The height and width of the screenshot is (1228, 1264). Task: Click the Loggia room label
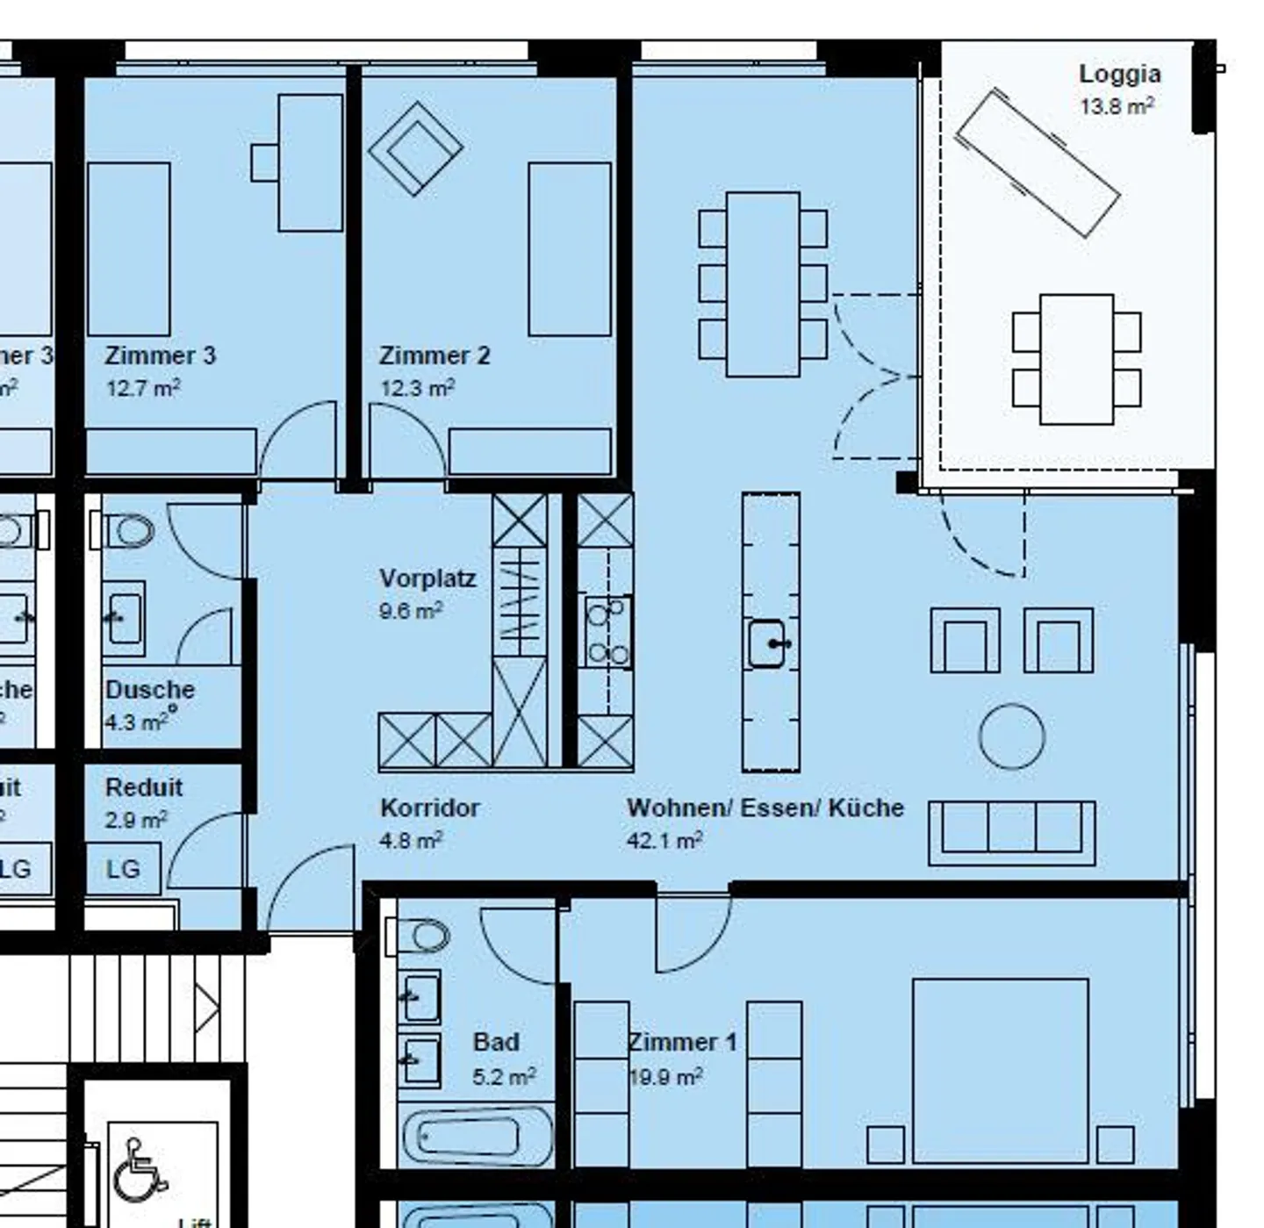click(x=1119, y=75)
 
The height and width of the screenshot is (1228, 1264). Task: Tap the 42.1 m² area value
click(x=664, y=840)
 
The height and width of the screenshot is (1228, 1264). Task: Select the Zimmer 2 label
click(x=434, y=355)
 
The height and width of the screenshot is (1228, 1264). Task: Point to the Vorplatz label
click(x=427, y=578)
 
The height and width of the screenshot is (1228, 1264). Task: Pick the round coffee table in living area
click(x=1011, y=736)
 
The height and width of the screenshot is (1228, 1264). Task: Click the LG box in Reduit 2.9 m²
click(x=123, y=869)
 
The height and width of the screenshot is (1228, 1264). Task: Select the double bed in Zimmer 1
click(x=1000, y=1071)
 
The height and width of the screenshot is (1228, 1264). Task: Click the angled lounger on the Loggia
click(x=1037, y=163)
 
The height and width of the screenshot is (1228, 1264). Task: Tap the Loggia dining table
click(x=1076, y=359)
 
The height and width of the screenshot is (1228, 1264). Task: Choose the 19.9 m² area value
click(x=665, y=1076)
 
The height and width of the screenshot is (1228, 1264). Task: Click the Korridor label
click(x=429, y=808)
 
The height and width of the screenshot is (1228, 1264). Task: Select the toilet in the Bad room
click(x=423, y=936)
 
